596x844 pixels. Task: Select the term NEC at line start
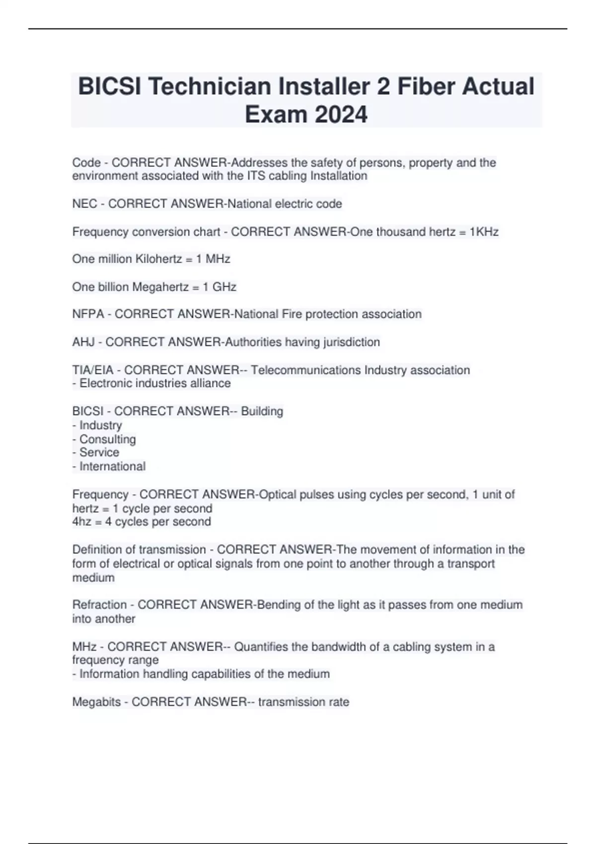(84, 204)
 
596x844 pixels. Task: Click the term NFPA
(88, 314)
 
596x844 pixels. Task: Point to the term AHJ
(83, 342)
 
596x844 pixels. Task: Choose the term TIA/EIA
(93, 370)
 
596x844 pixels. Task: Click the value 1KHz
(484, 232)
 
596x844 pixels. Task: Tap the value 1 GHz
(219, 287)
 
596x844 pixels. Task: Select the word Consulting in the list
(107, 439)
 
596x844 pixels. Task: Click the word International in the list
(112, 467)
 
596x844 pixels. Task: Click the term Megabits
(96, 702)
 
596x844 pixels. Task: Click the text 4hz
(82, 522)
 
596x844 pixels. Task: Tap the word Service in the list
(99, 452)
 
